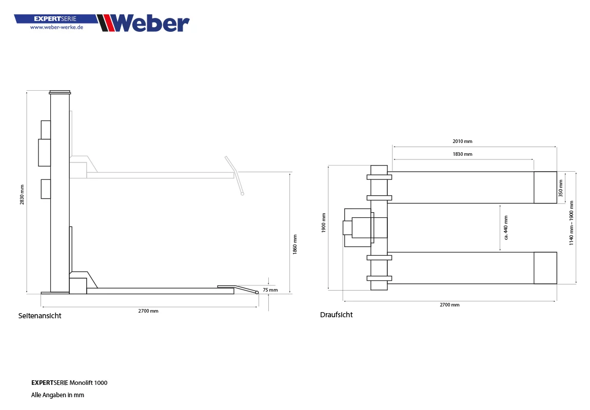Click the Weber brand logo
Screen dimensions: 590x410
[143, 23]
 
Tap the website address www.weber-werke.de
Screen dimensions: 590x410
[56, 27]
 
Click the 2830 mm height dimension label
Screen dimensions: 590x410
[22, 195]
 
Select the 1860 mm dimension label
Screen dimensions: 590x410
[294, 244]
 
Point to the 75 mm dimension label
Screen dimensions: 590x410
[270, 290]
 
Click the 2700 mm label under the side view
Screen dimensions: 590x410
[148, 311]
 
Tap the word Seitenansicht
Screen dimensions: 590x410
[40, 316]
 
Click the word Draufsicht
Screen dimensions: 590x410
[337, 315]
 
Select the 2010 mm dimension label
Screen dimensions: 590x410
[462, 141]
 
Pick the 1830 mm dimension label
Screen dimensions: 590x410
[462, 154]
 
